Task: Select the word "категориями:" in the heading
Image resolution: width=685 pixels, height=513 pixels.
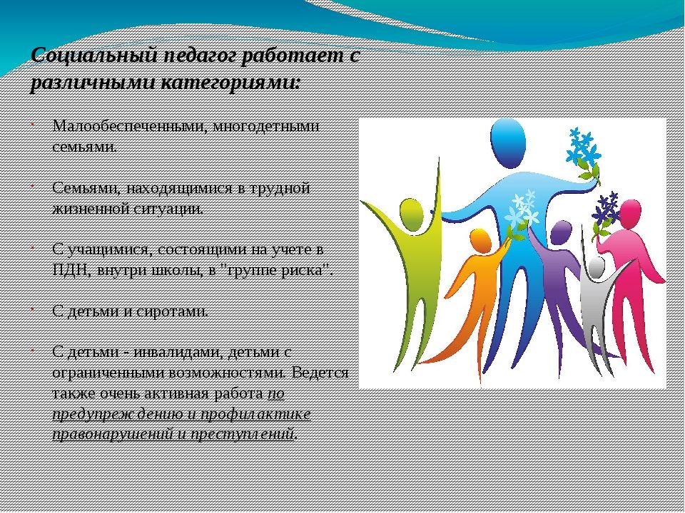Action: coord(230,83)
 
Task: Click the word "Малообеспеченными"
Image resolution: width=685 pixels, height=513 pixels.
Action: coord(129,126)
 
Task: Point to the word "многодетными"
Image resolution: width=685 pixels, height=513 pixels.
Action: coord(266,127)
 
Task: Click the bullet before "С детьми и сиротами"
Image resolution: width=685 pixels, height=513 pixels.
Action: coord(32,309)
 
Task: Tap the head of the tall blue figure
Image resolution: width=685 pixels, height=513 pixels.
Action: coord(507,143)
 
